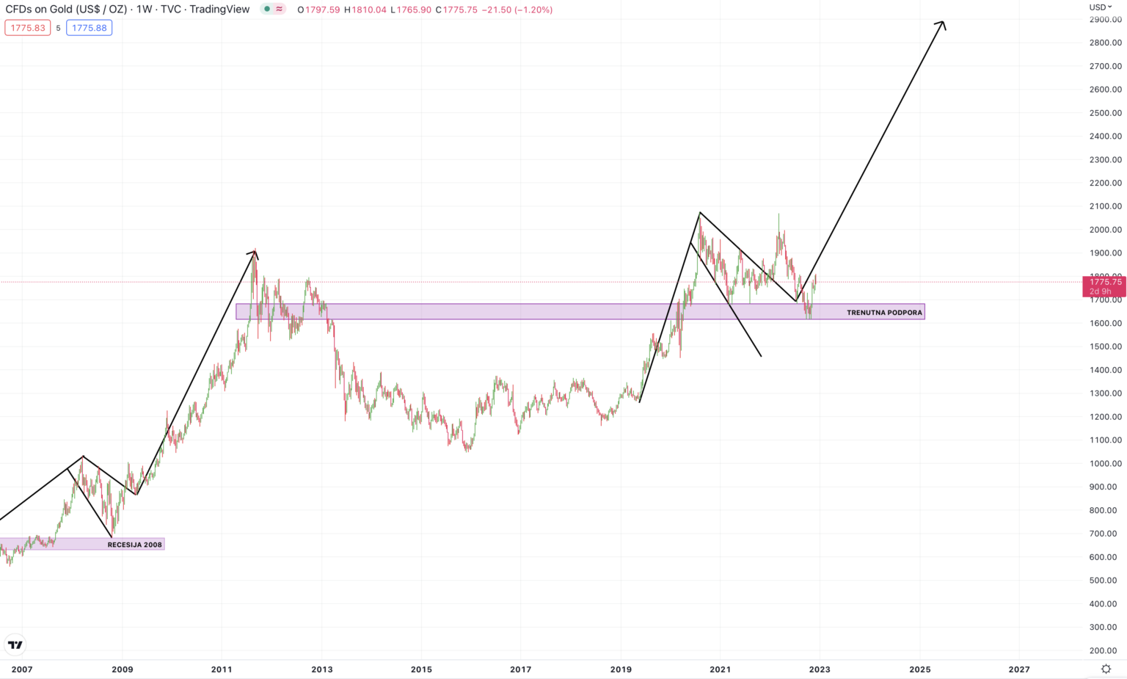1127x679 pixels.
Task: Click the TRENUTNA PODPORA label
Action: click(884, 313)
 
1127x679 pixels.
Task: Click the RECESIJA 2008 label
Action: click(134, 545)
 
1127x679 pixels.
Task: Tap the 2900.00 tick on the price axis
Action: click(1106, 19)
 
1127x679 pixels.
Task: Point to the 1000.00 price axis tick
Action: click(1106, 463)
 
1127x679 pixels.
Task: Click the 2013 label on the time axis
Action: click(321, 669)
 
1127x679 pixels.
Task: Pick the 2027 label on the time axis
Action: click(1018, 669)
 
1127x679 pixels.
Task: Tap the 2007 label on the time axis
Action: click(22, 669)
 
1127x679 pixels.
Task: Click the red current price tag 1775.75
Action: click(1104, 282)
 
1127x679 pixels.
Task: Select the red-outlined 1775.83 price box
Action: click(28, 28)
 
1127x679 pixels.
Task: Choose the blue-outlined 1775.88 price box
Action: click(90, 28)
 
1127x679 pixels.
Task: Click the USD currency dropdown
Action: click(1100, 7)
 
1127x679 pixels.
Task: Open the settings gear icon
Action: click(1106, 669)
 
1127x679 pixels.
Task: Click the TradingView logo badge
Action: click(15, 645)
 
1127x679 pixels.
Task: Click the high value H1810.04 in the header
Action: click(365, 10)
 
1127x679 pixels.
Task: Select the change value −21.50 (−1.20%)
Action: click(517, 10)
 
